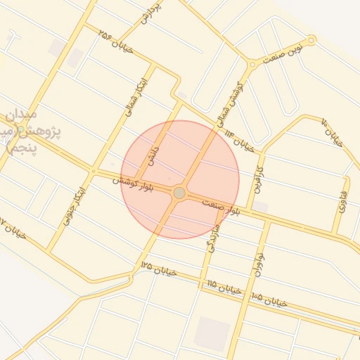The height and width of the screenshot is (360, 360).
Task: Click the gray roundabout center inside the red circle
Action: point(179,193)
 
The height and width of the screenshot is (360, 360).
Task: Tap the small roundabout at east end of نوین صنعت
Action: point(311,40)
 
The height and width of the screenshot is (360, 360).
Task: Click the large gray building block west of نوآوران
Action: point(212,334)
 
